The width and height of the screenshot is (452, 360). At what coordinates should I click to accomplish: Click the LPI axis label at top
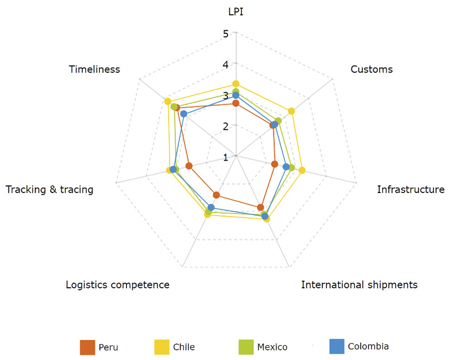tap(236, 11)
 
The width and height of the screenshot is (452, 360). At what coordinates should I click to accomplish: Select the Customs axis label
tap(372, 69)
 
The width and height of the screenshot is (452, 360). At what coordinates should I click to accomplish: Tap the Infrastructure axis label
tap(411, 189)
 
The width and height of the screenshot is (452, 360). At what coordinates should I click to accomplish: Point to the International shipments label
tap(359, 284)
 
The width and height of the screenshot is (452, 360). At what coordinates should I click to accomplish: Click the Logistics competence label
tap(118, 284)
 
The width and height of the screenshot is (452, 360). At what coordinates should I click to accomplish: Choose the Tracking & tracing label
tap(49, 189)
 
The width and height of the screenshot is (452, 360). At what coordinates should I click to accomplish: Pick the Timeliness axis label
tap(94, 69)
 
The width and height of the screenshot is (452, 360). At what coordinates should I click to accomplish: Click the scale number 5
tap(225, 34)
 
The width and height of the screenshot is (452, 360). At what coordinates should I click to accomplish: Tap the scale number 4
tap(225, 64)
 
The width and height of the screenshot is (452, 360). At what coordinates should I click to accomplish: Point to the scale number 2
tap(225, 126)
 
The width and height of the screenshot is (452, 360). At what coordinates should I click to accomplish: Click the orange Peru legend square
tap(87, 347)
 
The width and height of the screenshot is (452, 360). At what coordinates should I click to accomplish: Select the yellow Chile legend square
tap(162, 347)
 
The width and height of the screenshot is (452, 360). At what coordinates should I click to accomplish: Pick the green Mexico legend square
tap(246, 347)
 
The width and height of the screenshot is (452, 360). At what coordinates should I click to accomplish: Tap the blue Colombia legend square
tap(337, 346)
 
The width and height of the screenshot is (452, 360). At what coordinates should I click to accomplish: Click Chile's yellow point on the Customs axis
tap(291, 111)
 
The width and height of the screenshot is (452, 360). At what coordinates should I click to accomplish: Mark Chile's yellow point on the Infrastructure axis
tap(302, 171)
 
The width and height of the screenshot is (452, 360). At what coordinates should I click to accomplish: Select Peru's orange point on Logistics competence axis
tap(216, 195)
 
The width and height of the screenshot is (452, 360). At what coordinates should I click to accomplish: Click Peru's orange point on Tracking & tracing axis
tap(189, 166)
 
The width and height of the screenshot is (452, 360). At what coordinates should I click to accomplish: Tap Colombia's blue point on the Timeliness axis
tap(183, 114)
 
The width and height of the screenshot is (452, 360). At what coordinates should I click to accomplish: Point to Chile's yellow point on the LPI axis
tap(236, 83)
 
